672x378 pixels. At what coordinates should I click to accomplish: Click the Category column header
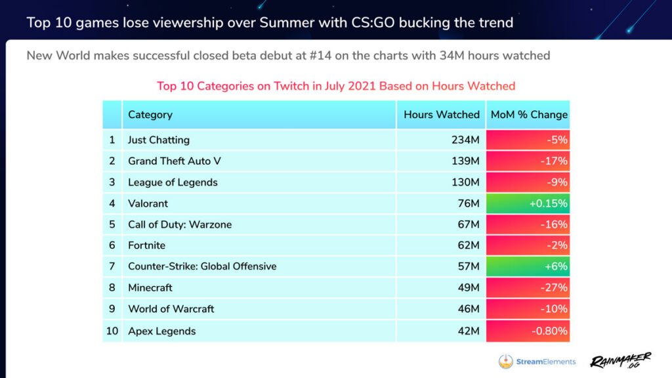point(150,115)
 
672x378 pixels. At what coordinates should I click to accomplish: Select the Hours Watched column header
point(442,115)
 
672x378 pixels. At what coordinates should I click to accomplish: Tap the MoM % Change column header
point(529,115)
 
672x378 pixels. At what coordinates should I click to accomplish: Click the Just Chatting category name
point(159,140)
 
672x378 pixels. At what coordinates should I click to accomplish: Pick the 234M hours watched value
point(468,140)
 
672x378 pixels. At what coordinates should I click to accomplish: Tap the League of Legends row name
point(173,182)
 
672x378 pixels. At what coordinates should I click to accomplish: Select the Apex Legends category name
point(162,331)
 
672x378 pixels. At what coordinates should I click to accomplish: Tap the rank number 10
point(112,331)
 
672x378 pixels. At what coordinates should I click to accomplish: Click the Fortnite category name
point(147,245)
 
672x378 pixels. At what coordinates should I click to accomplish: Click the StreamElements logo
point(537,362)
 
